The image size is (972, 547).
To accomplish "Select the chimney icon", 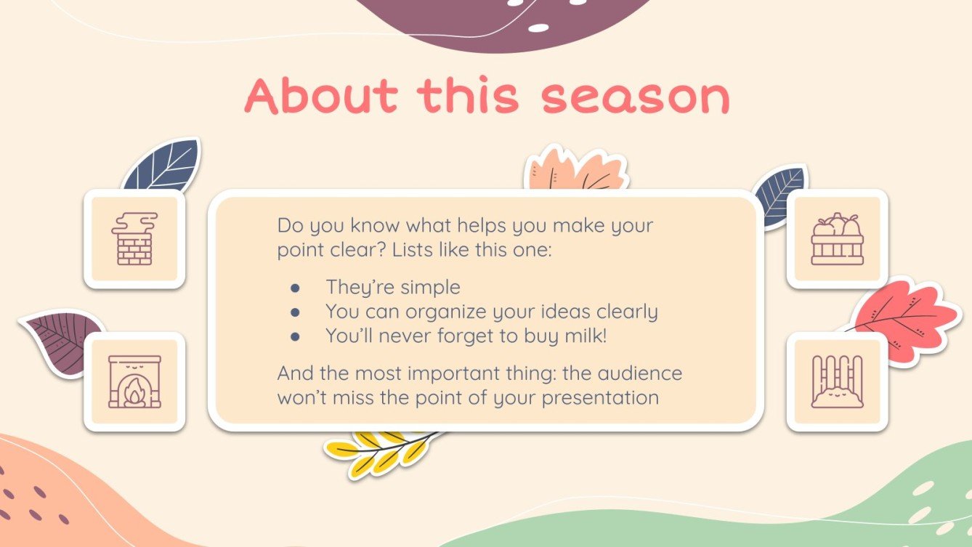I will [x=134, y=239].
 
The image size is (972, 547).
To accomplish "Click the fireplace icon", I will [x=134, y=381].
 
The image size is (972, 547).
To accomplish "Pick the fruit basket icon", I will [x=837, y=239].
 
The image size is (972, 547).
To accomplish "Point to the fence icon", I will [x=837, y=381].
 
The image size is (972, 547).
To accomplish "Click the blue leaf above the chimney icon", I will [x=163, y=166].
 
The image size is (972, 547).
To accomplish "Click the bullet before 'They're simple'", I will [x=295, y=288].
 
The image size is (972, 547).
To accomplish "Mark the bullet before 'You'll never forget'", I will [x=295, y=337].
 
